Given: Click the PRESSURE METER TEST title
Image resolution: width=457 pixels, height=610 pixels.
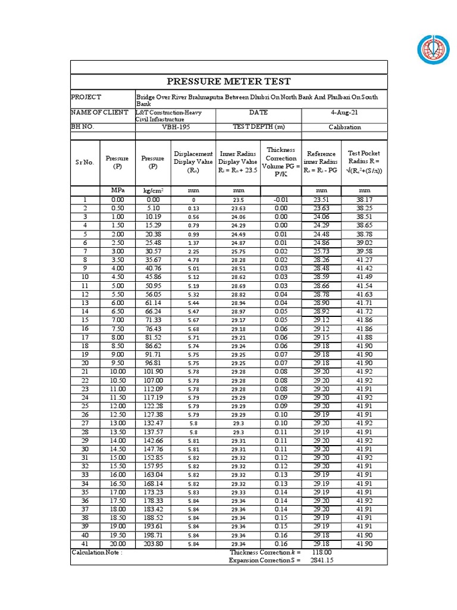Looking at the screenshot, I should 229,82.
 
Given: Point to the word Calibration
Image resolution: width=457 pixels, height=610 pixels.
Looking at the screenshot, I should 345,127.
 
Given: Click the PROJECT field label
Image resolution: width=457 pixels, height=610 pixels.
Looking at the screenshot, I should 86,97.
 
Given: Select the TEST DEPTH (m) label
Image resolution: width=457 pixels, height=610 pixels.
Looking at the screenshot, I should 258,127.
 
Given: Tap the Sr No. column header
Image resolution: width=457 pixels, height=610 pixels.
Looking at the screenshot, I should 84,162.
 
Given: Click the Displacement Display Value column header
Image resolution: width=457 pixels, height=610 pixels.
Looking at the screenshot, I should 193,162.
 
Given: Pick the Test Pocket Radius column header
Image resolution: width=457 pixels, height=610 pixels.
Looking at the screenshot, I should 364,162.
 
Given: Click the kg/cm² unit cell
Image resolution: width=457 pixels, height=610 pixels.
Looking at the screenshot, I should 153,191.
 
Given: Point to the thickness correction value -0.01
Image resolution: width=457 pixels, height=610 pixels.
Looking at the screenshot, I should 281,200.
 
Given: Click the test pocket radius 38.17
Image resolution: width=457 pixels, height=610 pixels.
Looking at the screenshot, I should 364,200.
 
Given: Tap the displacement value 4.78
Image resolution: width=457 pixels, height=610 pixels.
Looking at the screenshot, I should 193,260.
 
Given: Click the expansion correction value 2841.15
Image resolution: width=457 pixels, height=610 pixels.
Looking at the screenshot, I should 321,561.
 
